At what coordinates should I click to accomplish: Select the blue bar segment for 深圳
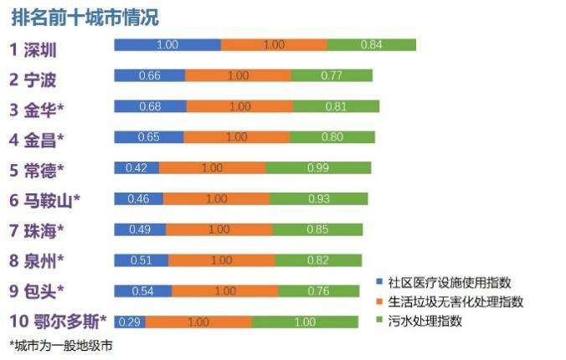tap(167, 44)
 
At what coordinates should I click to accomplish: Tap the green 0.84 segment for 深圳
tap(372, 44)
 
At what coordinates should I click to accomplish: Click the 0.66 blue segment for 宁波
tap(150, 75)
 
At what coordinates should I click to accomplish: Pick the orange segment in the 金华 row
tap(239, 106)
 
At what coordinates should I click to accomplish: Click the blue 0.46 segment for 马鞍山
tap(138, 198)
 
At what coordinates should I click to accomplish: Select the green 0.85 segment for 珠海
tap(317, 229)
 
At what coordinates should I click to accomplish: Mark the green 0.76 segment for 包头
tap(318, 291)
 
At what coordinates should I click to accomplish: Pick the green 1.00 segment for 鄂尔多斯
tap(304, 321)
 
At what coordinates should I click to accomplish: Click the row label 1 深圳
tap(33, 48)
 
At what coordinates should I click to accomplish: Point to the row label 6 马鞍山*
tap(45, 200)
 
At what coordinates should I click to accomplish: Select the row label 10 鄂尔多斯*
tap(58, 321)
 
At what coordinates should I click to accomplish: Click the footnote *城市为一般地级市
tap(60, 345)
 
